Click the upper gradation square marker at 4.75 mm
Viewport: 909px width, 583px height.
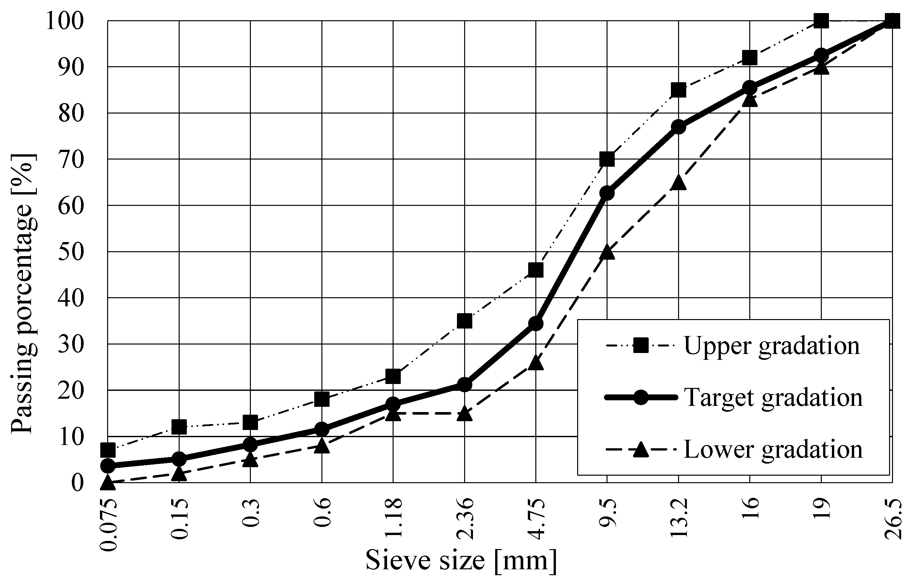[x=535, y=270]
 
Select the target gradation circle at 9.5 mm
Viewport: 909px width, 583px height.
[x=607, y=193]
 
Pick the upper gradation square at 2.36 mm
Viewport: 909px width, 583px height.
[x=464, y=321]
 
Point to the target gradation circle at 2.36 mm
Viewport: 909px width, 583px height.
[x=464, y=385]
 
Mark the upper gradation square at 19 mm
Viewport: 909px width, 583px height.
[x=821, y=21]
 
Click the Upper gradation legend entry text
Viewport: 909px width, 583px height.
[x=772, y=345]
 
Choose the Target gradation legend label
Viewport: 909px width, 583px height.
[x=773, y=397]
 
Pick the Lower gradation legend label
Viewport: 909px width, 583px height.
[x=773, y=449]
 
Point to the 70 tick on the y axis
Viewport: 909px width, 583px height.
[x=71, y=160]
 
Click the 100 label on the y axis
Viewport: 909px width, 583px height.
[x=65, y=21]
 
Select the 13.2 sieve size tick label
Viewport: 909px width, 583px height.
[x=679, y=519]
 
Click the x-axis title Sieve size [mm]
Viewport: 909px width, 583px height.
[x=461, y=561]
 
